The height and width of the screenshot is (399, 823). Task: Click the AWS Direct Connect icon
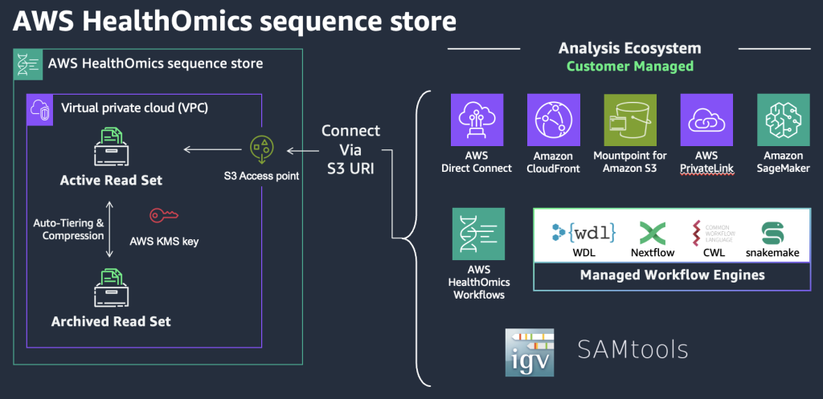point(477,120)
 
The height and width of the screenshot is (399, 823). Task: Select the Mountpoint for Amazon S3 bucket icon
point(629,120)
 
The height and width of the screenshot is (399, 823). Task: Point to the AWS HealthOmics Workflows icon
point(479,234)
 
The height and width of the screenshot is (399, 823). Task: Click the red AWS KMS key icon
point(164,216)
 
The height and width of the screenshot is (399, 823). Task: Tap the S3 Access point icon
point(261,149)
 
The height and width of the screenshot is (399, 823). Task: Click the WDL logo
point(584,233)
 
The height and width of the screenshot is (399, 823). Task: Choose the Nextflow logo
point(653,234)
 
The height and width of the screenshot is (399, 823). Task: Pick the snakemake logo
point(772,234)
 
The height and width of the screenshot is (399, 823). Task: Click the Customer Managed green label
point(629,67)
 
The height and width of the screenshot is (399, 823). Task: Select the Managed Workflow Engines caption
point(672,275)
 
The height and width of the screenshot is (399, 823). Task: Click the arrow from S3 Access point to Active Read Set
point(212,149)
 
